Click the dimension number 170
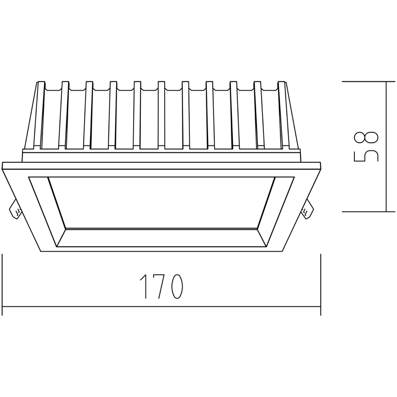coord(161,287)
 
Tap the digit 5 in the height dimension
coord(366,156)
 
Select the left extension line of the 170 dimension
coord(3,284)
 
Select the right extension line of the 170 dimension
coord(320,284)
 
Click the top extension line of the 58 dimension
coord(368,81)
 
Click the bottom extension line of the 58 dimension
coord(368,212)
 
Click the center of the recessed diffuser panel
coord(161,202)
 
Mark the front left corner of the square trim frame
coord(41,251)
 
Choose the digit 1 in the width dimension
coord(143,287)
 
